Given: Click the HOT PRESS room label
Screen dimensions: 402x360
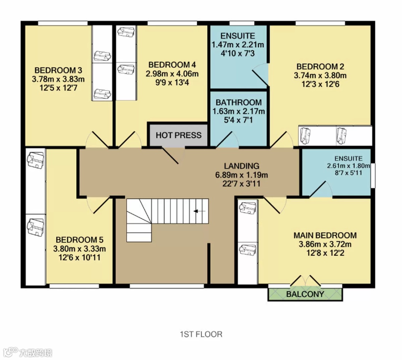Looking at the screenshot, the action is click(178, 135).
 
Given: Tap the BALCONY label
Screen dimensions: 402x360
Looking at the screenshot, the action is click(305, 294).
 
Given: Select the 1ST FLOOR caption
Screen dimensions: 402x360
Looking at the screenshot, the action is click(201, 334).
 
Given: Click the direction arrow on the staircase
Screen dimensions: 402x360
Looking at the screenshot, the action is click(199, 211).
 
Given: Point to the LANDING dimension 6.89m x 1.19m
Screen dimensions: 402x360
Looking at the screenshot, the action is click(242, 175).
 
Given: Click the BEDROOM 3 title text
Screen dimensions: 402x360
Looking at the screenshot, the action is click(58, 70).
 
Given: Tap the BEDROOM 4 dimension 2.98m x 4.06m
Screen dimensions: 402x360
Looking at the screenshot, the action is click(172, 74).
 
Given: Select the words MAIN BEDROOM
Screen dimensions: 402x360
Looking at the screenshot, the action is click(325, 236).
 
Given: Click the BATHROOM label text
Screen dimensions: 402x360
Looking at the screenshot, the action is click(239, 102).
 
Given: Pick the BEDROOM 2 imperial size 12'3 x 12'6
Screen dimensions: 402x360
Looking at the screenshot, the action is click(320, 84).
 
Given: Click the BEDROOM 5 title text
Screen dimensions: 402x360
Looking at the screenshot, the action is click(80, 240).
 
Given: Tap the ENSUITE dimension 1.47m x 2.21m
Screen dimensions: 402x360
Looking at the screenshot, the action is click(237, 45).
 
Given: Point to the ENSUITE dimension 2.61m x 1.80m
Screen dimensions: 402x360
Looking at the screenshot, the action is click(348, 166).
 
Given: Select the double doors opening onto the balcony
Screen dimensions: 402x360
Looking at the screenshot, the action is click(305, 281).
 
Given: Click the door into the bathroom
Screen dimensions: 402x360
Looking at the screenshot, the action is click(227, 140).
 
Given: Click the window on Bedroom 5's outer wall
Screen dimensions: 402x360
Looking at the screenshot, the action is click(74, 286).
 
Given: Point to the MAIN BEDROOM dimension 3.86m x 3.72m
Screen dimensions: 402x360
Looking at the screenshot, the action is click(325, 244).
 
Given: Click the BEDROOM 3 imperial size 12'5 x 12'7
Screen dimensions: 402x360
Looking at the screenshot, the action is click(58, 88).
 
